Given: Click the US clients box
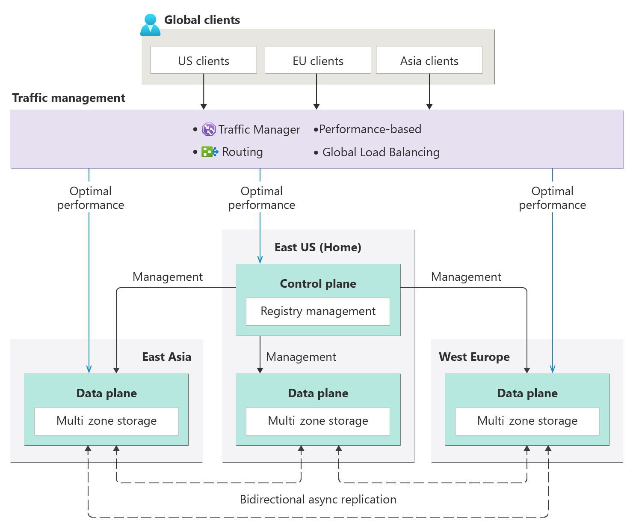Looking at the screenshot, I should pos(204,60).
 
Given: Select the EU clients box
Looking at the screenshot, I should pos(318,60).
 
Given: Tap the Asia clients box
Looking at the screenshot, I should pos(429,60).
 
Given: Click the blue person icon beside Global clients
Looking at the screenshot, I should pos(150,25).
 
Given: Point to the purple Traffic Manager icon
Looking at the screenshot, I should pos(209,129).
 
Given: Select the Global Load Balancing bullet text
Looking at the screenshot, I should pos(381,152).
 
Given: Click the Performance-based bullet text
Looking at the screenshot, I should pos(370,129).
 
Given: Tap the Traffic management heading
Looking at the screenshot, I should pos(68,98).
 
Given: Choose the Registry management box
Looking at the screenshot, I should pos(318,311).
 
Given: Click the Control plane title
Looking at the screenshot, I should pos(318,283).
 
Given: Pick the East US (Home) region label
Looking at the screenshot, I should pos(318,247).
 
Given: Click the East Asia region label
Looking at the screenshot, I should pos(166,357).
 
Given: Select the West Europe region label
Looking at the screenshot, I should pos(474,357).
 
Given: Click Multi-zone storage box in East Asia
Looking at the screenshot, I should pos(106,421).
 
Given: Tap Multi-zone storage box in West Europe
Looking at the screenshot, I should pos(527,421).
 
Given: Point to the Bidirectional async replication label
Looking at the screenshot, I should pos(318,500).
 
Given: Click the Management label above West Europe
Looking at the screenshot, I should pos(466,277).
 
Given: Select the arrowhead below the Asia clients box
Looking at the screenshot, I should pos(429,106).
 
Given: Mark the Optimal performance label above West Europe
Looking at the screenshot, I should pos(552,198).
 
